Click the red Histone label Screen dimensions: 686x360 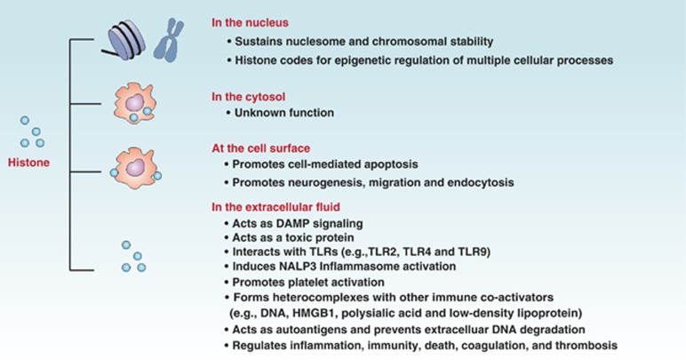[x=28, y=163]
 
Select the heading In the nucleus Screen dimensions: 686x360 [x=250, y=23]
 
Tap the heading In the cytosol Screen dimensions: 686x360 [x=248, y=97]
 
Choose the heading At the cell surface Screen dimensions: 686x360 [x=260, y=148]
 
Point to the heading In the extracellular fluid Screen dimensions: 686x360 [x=275, y=207]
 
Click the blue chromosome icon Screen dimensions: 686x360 [x=169, y=40]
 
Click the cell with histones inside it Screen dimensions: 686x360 [x=135, y=104]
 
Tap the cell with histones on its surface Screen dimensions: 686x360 [x=135, y=168]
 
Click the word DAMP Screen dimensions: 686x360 [x=291, y=224]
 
